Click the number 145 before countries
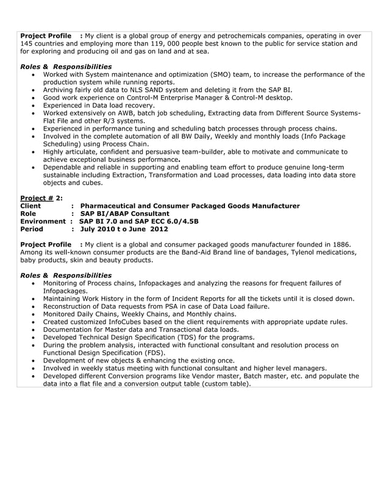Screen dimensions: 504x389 pyautogui.click(x=27, y=44)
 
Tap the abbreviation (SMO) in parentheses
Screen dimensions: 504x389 pyautogui.click(x=222, y=74)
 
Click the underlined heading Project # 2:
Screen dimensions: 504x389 pyautogui.click(x=41, y=198)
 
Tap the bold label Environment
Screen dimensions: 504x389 pyautogui.click(x=43, y=221)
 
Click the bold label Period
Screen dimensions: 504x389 pyautogui.click(x=32, y=229)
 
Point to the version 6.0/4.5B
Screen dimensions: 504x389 pyautogui.click(x=177, y=221)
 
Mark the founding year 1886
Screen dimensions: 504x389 pyautogui.click(x=340, y=245)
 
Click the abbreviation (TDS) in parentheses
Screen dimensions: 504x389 pyautogui.click(x=190, y=337)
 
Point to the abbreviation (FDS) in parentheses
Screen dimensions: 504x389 pyautogui.click(x=152, y=353)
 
